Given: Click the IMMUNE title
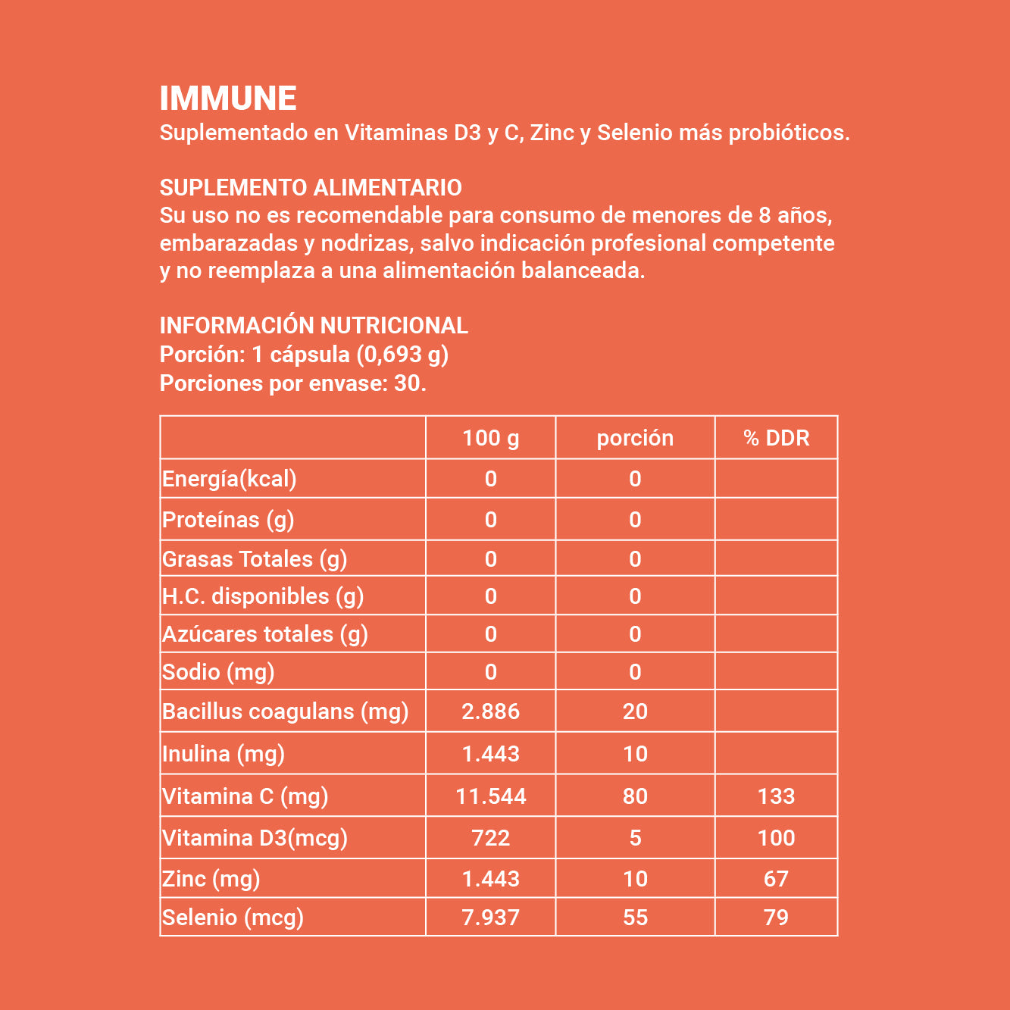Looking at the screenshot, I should click(228, 98).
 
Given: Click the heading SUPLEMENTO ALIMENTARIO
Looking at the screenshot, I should click(311, 187).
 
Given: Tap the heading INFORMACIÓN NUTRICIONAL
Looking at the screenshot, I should click(314, 325).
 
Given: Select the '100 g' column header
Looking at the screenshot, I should click(491, 438).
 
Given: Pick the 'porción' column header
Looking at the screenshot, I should click(635, 438).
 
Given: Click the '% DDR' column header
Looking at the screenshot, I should click(776, 438).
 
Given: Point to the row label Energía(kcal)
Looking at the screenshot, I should click(230, 479).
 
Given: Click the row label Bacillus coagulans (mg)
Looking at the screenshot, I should click(286, 711).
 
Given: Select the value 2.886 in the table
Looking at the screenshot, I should click(491, 711).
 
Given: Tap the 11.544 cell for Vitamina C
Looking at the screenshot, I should click(491, 796).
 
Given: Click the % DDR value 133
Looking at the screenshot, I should click(776, 796).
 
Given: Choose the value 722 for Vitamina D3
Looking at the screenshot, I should click(491, 838).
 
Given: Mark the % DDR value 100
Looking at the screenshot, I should click(776, 838).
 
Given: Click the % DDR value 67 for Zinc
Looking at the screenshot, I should click(776, 879).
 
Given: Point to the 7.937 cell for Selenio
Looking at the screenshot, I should click(491, 918).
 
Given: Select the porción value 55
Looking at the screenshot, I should click(635, 918).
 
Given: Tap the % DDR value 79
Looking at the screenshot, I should click(776, 918).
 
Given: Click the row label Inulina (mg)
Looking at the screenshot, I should click(224, 754).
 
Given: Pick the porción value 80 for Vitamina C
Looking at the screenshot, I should click(635, 796).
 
